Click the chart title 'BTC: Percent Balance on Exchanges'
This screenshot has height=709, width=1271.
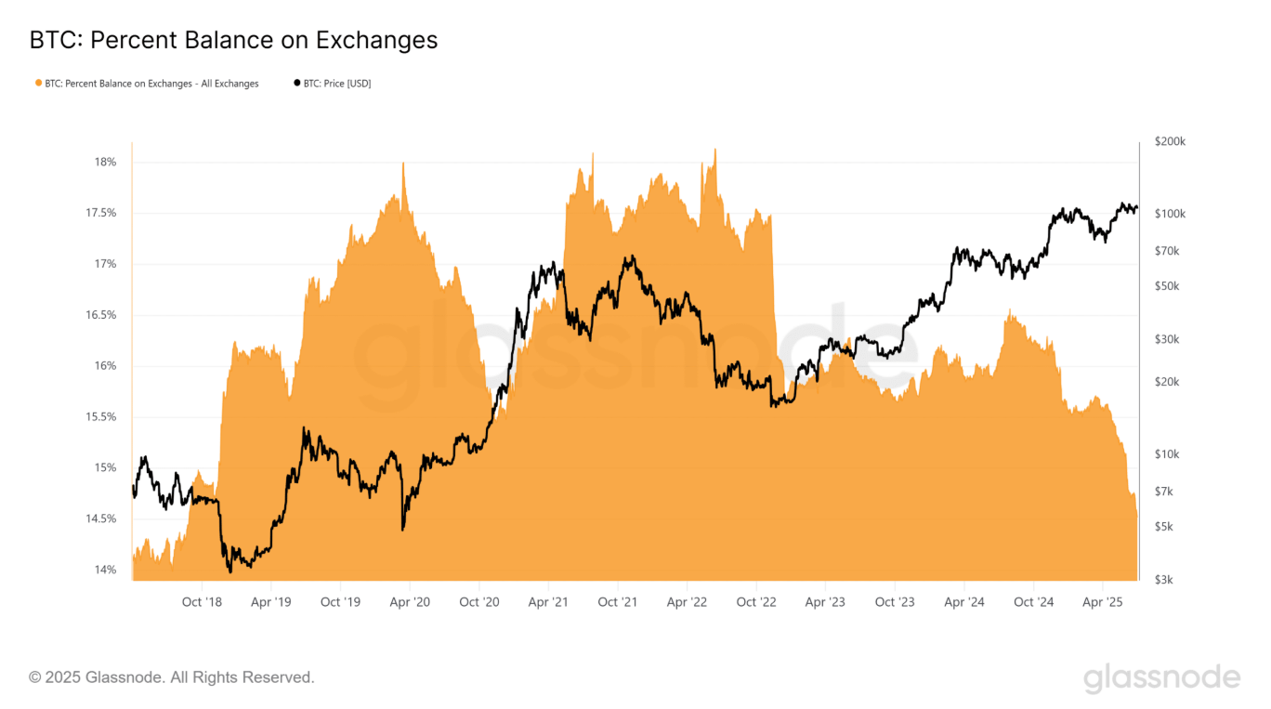pyautogui.click(x=233, y=40)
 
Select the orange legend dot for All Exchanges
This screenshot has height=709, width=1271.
pyautogui.click(x=39, y=83)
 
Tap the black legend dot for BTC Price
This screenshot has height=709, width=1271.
pyautogui.click(x=296, y=83)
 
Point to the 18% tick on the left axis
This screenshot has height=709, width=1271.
pyautogui.click(x=105, y=163)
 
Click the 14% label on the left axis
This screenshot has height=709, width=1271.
pyautogui.click(x=105, y=570)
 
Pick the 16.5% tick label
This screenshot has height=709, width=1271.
pyautogui.click(x=101, y=315)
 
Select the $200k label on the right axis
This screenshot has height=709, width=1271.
pyautogui.click(x=1170, y=141)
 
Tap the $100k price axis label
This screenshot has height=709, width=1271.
pyautogui.click(x=1170, y=214)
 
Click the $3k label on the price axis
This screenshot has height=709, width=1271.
pyautogui.click(x=1164, y=580)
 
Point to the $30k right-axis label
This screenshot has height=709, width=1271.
pyautogui.click(x=1167, y=339)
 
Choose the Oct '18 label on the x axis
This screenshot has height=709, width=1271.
pyautogui.click(x=202, y=602)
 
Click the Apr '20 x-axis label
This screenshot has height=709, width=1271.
pyautogui.click(x=410, y=602)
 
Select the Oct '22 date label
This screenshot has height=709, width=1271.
pyautogui.click(x=755, y=602)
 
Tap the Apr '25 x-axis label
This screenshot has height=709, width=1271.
pyautogui.click(x=1102, y=602)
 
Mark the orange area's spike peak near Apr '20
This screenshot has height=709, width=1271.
pyautogui.click(x=403, y=163)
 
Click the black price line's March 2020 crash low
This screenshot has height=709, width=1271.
pyautogui.click(x=403, y=530)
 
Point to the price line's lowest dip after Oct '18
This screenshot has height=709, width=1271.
pyautogui.click(x=230, y=571)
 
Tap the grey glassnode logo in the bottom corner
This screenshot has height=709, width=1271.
pyautogui.click(x=1161, y=677)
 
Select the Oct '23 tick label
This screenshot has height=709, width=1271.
pyautogui.click(x=894, y=602)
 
